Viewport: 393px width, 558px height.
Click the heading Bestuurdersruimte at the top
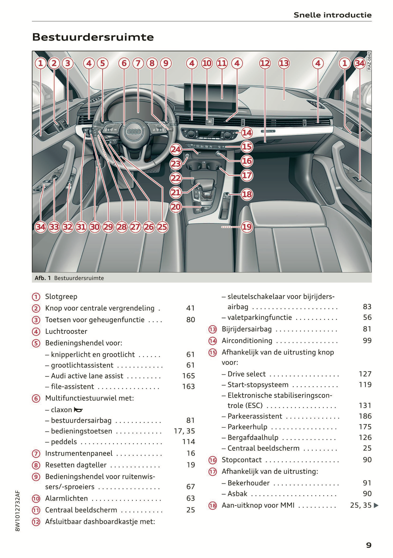93,37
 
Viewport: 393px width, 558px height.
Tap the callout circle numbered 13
284,63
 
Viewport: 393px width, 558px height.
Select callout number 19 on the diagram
247,227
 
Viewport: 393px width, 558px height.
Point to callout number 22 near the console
176,178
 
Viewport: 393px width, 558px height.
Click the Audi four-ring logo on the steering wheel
134,132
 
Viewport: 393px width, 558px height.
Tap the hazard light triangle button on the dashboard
209,122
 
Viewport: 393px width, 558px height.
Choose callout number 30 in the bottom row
95,227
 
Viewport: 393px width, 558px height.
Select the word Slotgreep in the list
61,296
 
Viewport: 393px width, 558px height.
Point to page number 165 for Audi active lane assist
188,376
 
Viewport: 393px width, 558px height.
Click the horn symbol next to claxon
78,410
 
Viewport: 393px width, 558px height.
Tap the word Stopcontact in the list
242,460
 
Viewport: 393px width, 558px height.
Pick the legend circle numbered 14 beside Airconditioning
212,341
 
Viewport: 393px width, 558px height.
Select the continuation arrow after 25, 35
376,505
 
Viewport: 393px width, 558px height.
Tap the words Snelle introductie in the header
332,15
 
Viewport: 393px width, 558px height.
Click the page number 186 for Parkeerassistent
365,416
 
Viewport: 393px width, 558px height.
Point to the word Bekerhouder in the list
249,483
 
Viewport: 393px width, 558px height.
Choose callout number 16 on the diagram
247,161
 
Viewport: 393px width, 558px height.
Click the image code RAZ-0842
369,61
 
